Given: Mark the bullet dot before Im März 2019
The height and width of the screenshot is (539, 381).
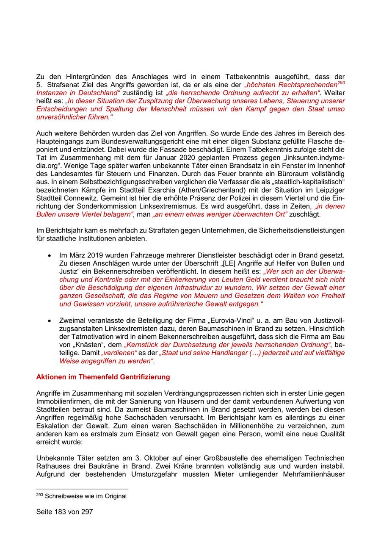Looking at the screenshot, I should coord(50,256).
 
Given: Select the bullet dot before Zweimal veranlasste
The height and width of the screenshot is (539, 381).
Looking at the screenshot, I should coord(50,321).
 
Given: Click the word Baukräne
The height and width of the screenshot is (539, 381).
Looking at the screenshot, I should coord(90,466).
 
